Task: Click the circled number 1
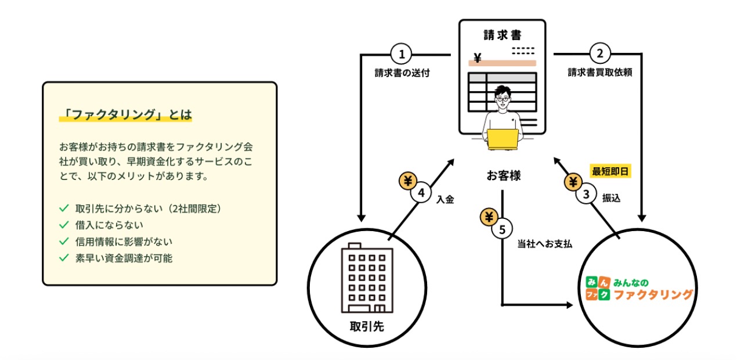[x=401, y=55]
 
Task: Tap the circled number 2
[x=600, y=55]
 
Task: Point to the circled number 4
[x=421, y=193]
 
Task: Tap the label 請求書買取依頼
[x=599, y=73]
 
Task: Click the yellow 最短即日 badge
[x=610, y=171]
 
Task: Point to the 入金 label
[x=445, y=199]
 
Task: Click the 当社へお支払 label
[x=544, y=244]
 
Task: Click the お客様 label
[x=503, y=175]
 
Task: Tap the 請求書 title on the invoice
[x=503, y=34]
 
